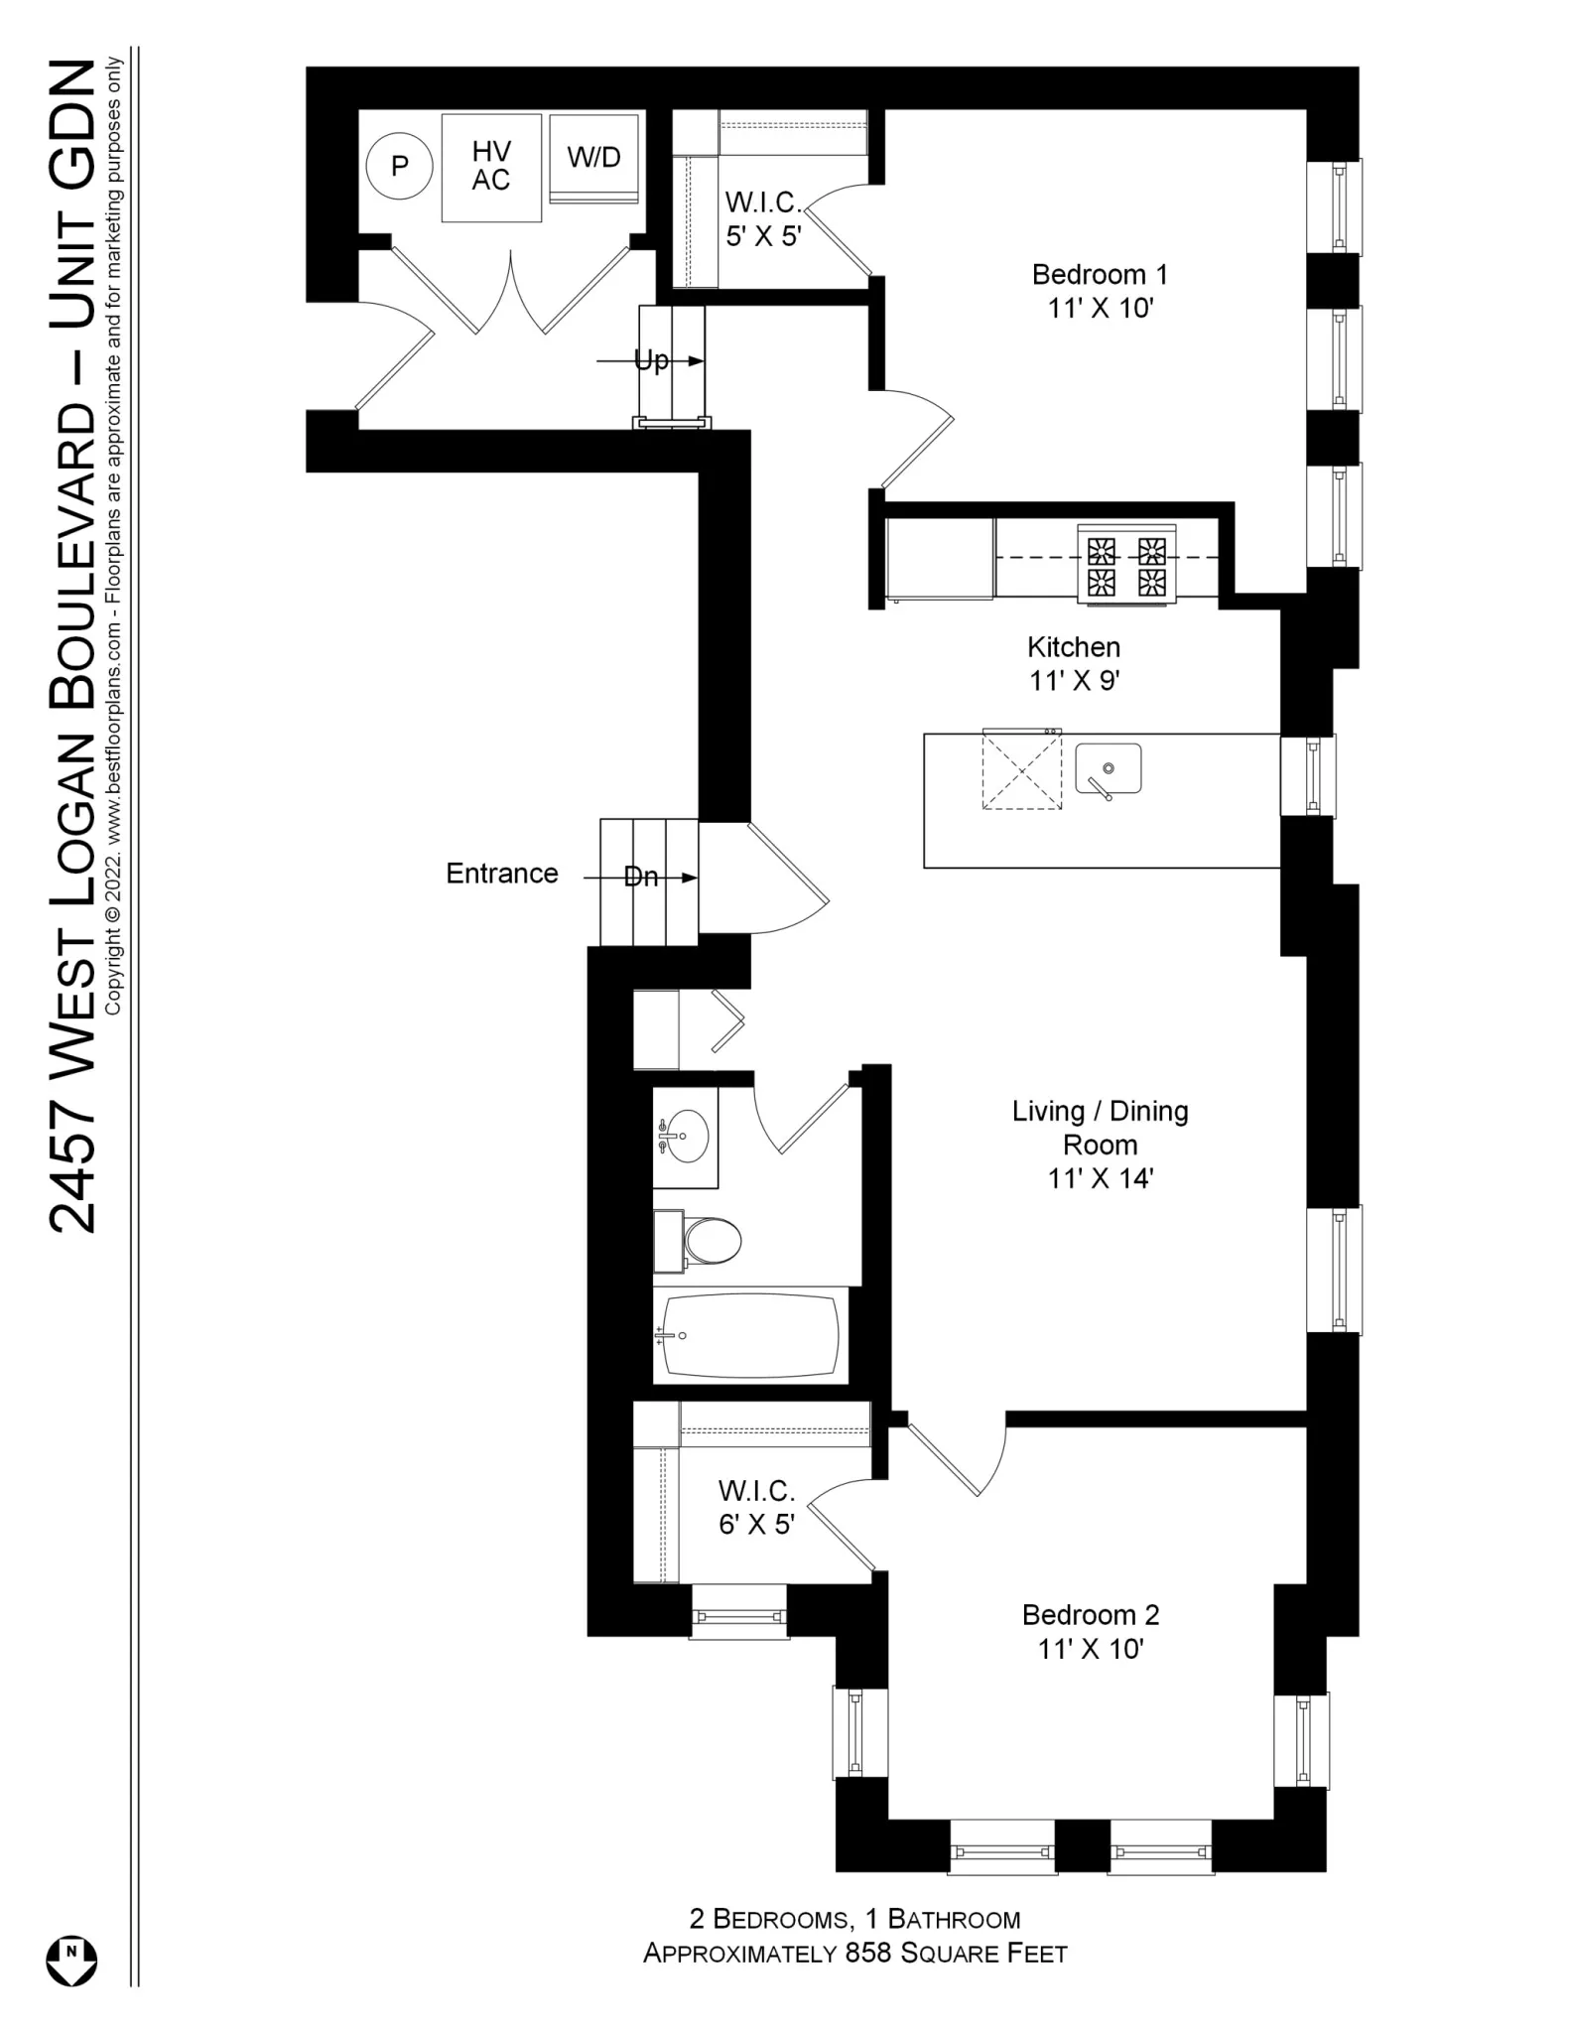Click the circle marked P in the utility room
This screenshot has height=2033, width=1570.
coord(399,166)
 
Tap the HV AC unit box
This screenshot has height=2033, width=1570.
coord(491,167)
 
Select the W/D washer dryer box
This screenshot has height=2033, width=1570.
coord(593,158)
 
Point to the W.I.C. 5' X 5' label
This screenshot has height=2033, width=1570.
coord(763,218)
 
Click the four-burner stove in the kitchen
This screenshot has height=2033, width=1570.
coord(1126,566)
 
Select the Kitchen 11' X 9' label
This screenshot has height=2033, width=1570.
coord(1074,663)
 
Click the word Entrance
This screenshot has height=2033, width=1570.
coord(501,874)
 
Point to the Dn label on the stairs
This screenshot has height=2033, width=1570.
coord(641,878)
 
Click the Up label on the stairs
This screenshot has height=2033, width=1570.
coord(651,361)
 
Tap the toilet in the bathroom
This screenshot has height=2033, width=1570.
coord(711,1241)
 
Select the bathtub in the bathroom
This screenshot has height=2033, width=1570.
coord(750,1336)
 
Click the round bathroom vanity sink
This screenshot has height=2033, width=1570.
coord(687,1135)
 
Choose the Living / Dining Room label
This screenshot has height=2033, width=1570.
coord(1100,1144)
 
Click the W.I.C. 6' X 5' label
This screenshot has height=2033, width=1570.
coord(756,1507)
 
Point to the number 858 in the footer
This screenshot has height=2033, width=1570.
coord(867,1954)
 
